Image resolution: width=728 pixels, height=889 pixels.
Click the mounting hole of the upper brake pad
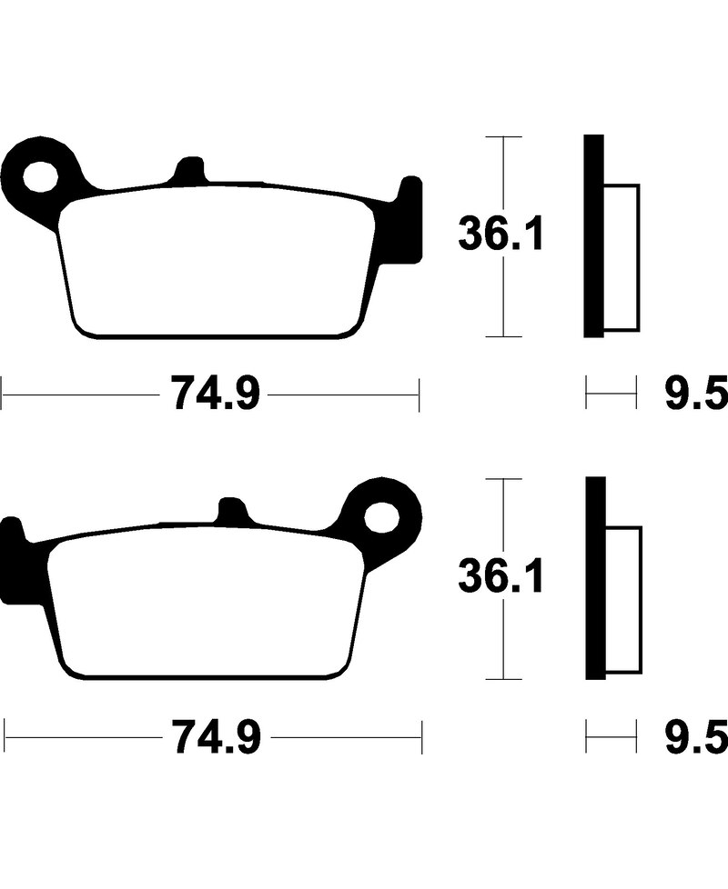40,176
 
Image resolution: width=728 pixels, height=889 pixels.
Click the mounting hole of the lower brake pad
381,516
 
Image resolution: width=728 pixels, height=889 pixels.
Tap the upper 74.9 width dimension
212,395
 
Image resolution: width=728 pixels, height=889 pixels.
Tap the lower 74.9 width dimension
212,735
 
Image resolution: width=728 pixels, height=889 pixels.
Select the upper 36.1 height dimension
500,235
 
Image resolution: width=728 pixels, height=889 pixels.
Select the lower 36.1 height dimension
500,576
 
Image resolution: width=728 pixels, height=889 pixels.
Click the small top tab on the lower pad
232,510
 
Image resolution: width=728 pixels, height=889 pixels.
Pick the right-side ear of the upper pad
411,218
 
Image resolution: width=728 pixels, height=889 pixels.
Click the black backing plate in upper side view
593,236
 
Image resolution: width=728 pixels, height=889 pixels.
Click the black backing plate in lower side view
594,578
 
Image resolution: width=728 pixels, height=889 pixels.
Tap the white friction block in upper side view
622,257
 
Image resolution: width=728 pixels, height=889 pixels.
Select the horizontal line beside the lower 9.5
611,735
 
